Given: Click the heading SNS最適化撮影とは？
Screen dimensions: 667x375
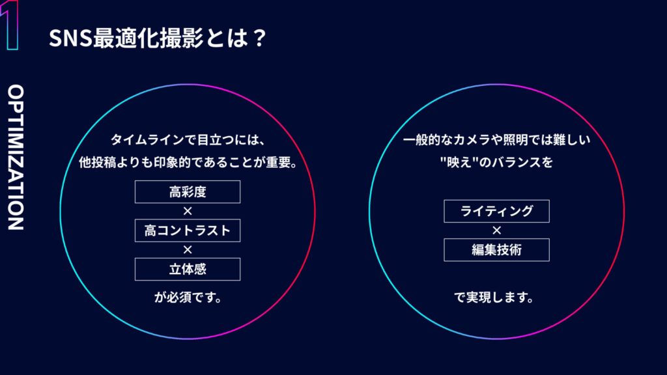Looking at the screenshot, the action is (x=158, y=38).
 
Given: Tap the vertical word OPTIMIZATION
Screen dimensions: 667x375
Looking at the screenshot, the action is (x=16, y=158).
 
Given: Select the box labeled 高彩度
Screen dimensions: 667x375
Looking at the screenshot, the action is (x=188, y=192).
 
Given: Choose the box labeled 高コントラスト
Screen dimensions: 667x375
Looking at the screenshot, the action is (x=188, y=230).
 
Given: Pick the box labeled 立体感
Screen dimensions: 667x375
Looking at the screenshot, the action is (x=188, y=269).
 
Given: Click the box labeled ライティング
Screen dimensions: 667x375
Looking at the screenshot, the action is (x=496, y=211).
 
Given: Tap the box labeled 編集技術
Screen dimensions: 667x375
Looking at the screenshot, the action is (x=496, y=249).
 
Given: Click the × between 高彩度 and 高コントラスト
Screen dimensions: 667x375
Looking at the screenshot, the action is (x=188, y=212).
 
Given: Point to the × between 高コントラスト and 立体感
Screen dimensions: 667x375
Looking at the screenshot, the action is (x=188, y=250).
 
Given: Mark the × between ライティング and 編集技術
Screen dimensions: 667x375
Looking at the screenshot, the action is (x=496, y=230).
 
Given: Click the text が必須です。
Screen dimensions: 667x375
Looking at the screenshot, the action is (x=188, y=297).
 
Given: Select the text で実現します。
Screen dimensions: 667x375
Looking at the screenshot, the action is (x=494, y=297).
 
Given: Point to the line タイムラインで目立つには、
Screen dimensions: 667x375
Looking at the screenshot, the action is (x=188, y=139).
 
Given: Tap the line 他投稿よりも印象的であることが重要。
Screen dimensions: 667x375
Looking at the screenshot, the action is (x=188, y=162).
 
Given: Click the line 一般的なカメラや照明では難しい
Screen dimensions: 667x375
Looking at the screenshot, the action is (x=496, y=139).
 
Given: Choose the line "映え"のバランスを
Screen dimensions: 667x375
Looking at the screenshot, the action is (x=496, y=162).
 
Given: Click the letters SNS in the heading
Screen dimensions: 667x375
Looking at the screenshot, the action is (x=70, y=38).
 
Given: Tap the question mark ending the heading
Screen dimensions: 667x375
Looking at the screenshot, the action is (x=258, y=38).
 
